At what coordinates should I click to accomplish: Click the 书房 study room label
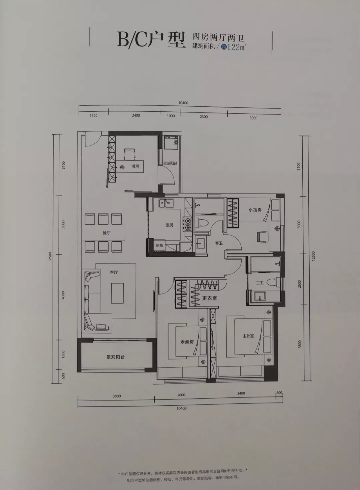pos(135,166)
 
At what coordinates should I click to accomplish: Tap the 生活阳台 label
pos(170,163)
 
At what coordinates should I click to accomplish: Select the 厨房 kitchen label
pos(169,225)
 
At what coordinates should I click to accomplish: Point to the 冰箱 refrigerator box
pos(159,245)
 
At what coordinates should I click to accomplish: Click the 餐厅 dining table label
pos(106,233)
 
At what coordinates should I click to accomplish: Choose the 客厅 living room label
pos(114,273)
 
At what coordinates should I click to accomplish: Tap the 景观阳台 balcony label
pos(115,357)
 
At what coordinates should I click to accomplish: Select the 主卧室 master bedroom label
pos(248,336)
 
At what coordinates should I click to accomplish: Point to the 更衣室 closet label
pos(209,298)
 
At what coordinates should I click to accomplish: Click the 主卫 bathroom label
pos(260,283)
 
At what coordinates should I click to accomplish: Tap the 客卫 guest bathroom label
pos(219,243)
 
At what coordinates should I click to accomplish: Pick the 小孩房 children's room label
pos(255,210)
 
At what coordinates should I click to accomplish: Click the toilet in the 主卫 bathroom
pos(275,282)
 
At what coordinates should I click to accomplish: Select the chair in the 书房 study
pos(130,154)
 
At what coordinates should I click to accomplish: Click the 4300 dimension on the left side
pos(63,295)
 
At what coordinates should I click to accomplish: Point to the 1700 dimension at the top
pos(93,115)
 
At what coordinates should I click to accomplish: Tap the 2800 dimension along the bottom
pos(181,395)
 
